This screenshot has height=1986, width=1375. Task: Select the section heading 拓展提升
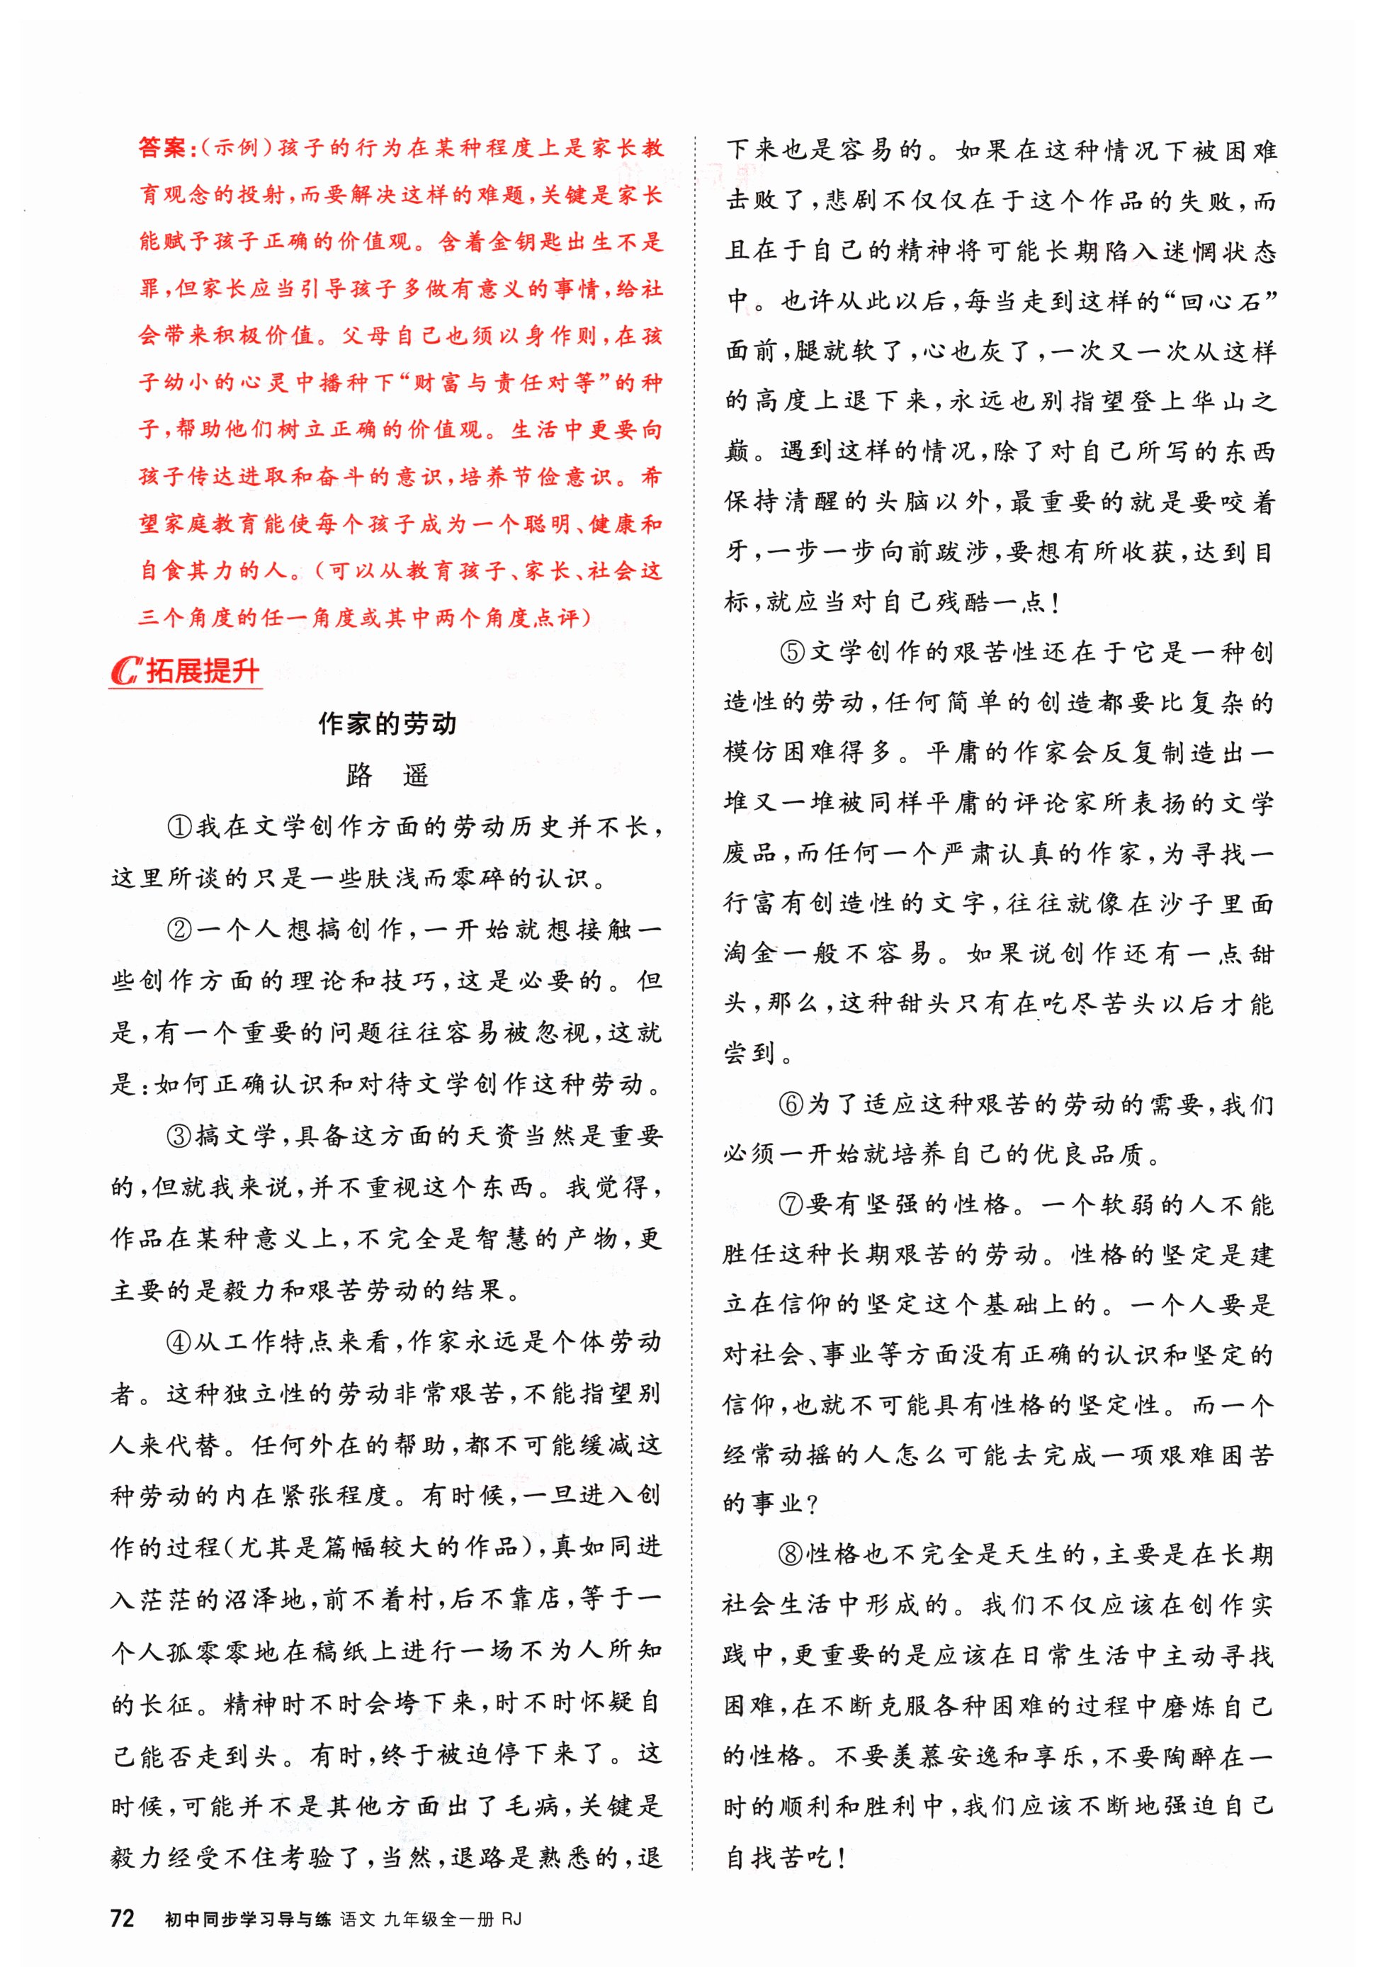point(203,671)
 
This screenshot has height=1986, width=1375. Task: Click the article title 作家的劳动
point(387,723)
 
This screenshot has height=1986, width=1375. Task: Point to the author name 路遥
point(387,775)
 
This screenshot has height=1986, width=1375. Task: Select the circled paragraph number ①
point(180,827)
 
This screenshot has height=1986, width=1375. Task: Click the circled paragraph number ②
point(180,930)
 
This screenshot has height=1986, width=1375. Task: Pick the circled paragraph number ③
point(180,1136)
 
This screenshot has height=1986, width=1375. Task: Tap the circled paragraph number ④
point(180,1341)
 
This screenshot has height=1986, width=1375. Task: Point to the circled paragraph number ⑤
point(793,653)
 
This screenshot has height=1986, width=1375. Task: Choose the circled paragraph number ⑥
point(793,1105)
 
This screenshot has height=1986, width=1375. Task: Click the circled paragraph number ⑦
point(793,1204)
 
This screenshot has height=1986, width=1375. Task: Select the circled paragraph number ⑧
point(793,1555)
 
